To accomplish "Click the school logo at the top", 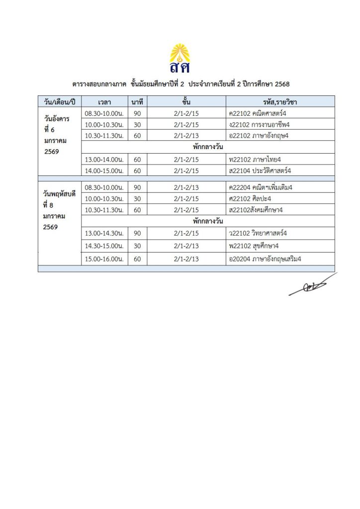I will tap(180, 58).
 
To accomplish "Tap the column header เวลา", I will tap(104, 102).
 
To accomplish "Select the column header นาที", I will tap(137, 102).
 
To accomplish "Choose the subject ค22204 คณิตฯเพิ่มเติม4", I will tap(259, 187).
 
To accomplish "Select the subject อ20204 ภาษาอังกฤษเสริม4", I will tap(264, 258).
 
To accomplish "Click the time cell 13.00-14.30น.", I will tap(104, 233).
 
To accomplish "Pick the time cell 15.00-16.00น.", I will tap(104, 258).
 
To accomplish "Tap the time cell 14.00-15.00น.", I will tap(104, 170).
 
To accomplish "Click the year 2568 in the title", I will tap(281, 85).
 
